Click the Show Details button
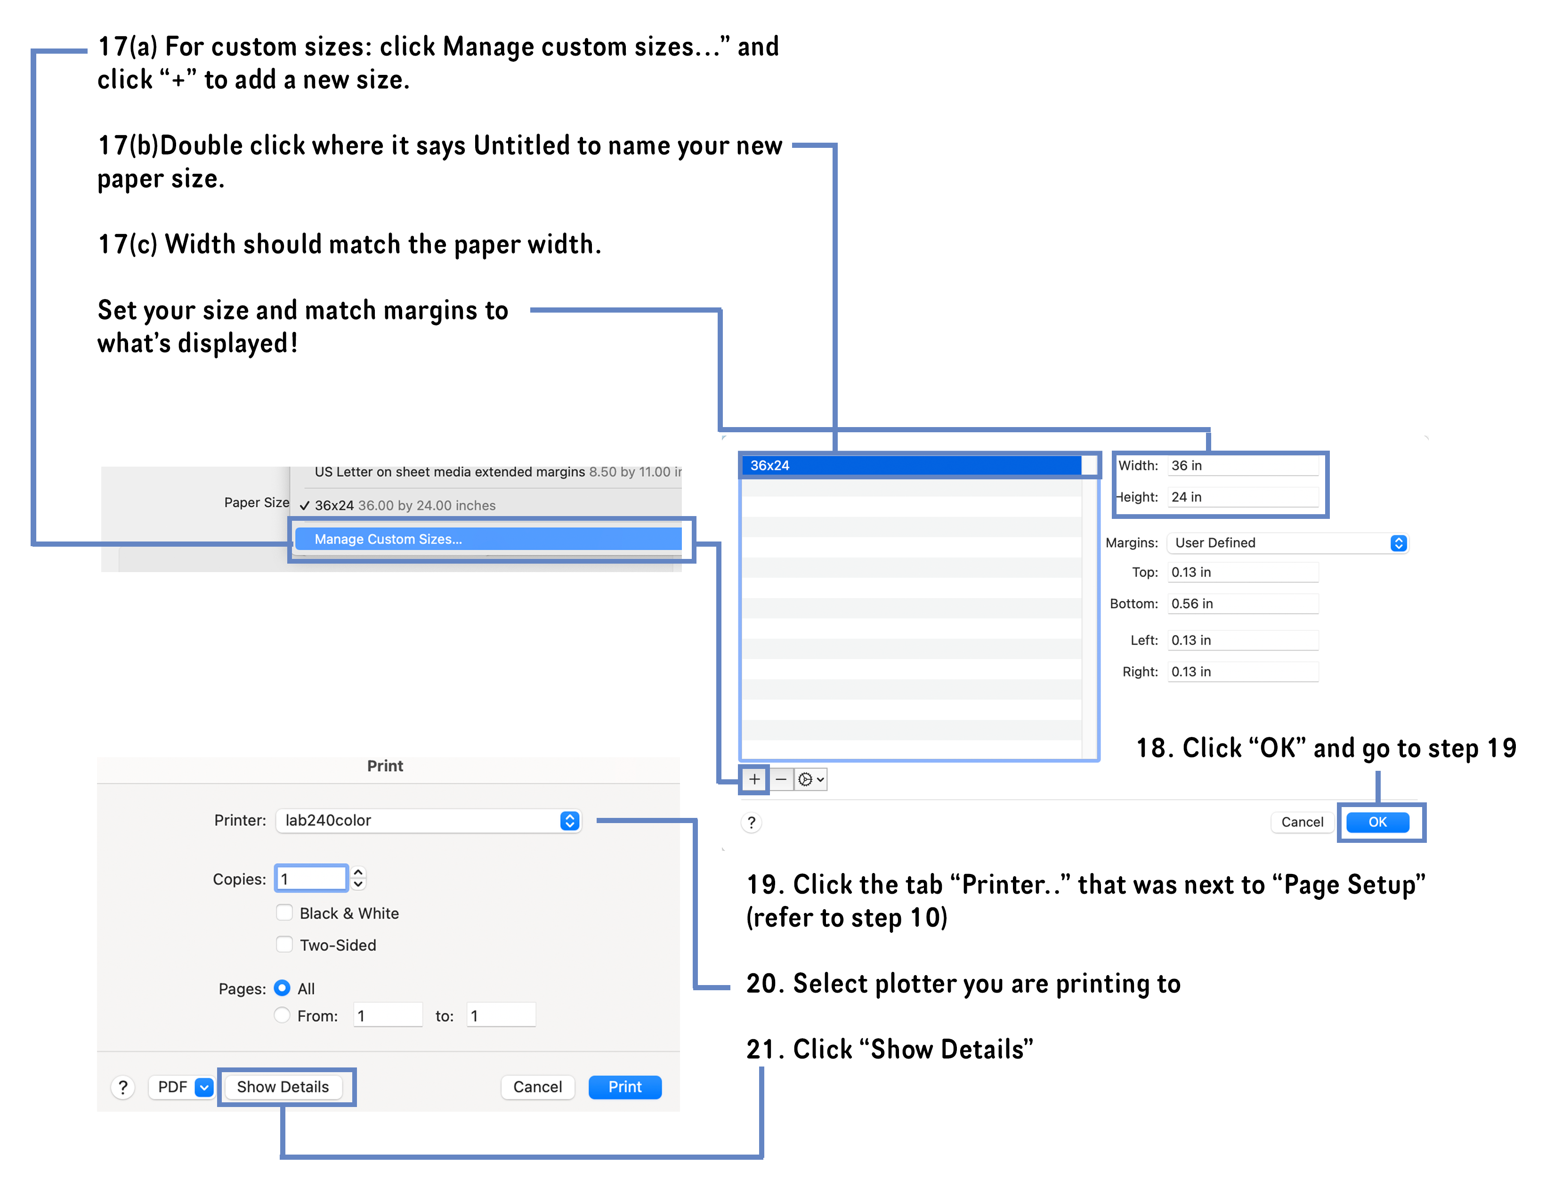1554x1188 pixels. click(x=283, y=1087)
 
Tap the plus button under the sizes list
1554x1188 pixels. click(x=754, y=779)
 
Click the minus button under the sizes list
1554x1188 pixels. click(x=781, y=779)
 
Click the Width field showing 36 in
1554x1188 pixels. click(x=1242, y=465)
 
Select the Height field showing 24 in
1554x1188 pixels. click(x=1242, y=497)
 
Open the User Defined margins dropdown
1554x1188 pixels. click(x=1287, y=542)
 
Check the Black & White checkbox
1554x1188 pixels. click(x=284, y=913)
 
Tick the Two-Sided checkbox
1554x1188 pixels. click(x=284, y=945)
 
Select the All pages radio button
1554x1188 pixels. click(x=282, y=988)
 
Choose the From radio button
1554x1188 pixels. click(x=282, y=1016)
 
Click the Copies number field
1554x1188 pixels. click(x=311, y=879)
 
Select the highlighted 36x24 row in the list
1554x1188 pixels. click(x=912, y=465)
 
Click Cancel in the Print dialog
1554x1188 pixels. click(x=537, y=1087)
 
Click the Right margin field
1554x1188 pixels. click(x=1242, y=672)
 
